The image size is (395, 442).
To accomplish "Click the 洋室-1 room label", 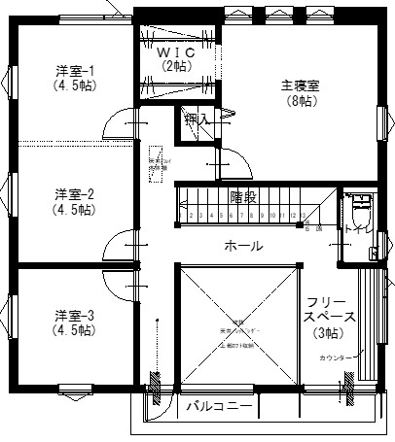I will tap(74, 69).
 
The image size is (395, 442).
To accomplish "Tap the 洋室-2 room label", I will tap(74, 192).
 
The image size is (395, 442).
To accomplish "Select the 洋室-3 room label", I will tap(74, 315).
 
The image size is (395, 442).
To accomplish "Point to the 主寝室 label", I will tap(300, 84).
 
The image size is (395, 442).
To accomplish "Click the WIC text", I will tap(177, 51).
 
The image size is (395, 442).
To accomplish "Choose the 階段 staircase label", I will tap(243, 196).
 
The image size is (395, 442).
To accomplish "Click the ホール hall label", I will tap(242, 246).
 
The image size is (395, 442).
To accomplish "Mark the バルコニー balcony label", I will tap(220, 405).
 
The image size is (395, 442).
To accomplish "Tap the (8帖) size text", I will tap(300, 99).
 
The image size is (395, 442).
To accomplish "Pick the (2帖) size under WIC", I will tap(177, 66).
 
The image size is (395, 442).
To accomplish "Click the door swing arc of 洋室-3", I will tap(123, 291).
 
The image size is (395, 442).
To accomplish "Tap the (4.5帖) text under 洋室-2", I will tap(74, 208).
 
